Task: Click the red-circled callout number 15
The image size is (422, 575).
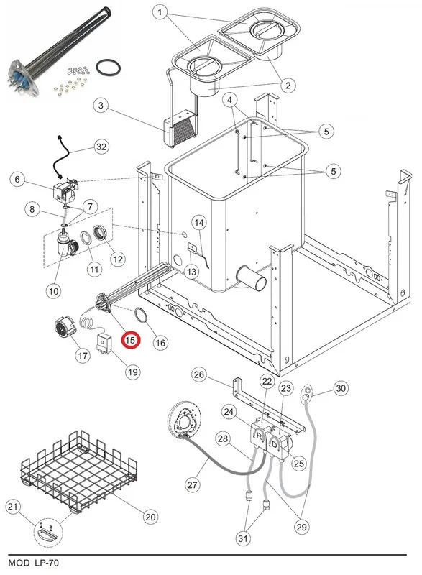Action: coord(131,340)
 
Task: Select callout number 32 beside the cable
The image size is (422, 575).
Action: coord(101,147)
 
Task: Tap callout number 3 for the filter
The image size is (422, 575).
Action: coord(101,106)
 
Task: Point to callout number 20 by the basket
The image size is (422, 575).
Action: coord(150,517)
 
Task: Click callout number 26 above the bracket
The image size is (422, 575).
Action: coord(199,374)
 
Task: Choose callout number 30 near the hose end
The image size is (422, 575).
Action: coord(341,388)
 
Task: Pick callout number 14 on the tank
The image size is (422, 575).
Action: coord(199,223)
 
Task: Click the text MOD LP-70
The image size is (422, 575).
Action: coord(33,563)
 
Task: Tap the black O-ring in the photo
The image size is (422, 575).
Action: coord(108,67)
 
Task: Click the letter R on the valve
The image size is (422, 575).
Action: coord(260,436)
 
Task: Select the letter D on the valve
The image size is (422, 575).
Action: coord(274,445)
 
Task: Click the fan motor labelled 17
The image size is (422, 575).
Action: coord(64,326)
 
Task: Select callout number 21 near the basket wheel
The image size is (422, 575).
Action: coord(13,507)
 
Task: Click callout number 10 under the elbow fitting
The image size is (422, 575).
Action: coord(53,291)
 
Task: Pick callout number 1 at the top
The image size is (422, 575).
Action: coord(160,12)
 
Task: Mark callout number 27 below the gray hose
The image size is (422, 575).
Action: coord(193,484)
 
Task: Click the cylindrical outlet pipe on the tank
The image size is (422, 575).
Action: coord(252,279)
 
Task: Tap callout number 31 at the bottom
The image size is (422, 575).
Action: coord(243,538)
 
